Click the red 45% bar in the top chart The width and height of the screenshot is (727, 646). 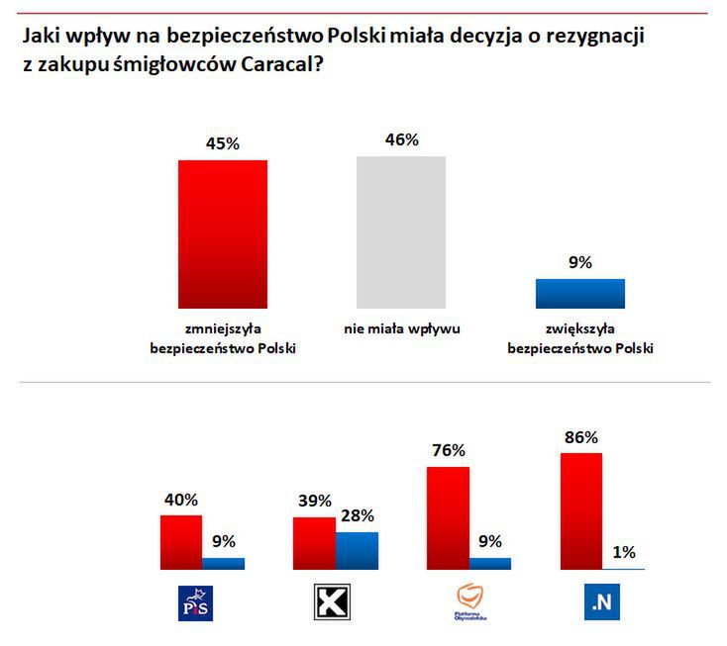coord(222,234)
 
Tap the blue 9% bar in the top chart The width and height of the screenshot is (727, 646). coord(579,294)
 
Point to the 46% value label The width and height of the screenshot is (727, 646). coord(401,139)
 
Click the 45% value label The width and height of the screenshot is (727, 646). coord(222,143)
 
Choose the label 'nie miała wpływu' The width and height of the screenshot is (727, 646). coord(402,328)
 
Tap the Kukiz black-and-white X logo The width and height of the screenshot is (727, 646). coord(334,602)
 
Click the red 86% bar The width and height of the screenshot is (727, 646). coord(580,510)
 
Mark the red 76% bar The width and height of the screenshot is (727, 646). coord(448,517)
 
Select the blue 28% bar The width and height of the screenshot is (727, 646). coord(357,551)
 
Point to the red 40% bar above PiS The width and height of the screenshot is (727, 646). coord(181,542)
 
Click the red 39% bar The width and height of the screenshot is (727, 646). coord(314,543)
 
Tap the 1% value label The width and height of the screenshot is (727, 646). coord(624,553)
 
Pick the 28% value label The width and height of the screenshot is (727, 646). coord(357,515)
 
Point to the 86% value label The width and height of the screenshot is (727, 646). coord(580,436)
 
